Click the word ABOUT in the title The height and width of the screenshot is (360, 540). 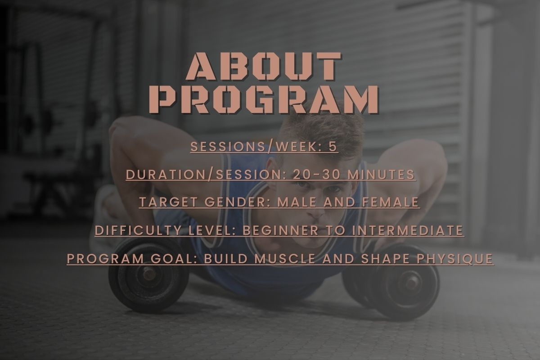point(264,67)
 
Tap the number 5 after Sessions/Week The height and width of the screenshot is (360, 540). point(333,147)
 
